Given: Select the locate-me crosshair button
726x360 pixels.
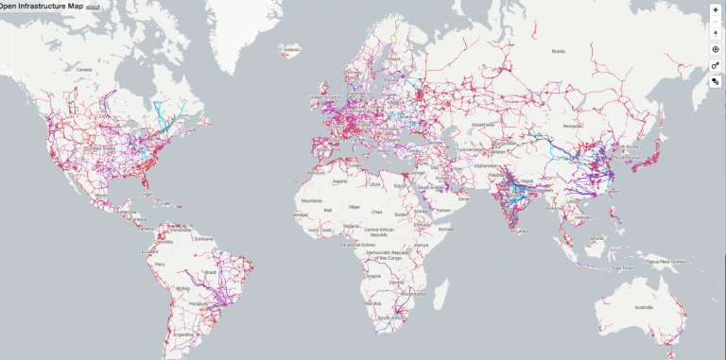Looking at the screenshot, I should (716, 48).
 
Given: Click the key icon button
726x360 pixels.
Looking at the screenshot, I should (716, 65).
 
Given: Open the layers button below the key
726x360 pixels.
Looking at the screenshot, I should (716, 82).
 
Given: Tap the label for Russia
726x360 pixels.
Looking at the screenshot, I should (558, 50).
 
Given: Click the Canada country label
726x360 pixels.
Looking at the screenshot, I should (85, 69).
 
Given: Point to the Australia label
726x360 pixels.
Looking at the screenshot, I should (646, 307).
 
